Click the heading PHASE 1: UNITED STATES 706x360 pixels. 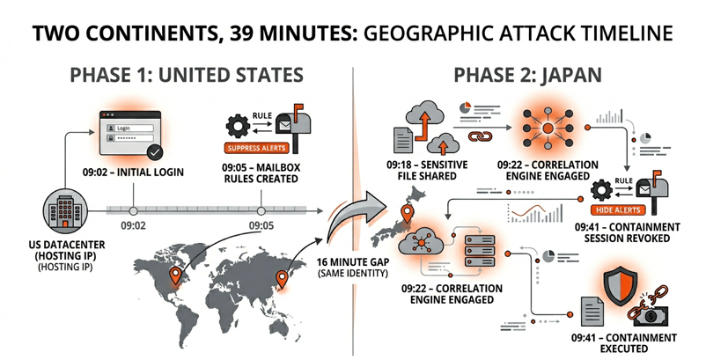tap(187, 75)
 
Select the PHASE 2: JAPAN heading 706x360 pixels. tap(527, 75)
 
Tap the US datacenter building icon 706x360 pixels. tap(65, 211)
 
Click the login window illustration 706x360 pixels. tap(129, 134)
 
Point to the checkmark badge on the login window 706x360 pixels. tap(155, 153)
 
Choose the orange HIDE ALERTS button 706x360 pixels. tap(618, 209)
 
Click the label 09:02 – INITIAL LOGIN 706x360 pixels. tap(133, 173)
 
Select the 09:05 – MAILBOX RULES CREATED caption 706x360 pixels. tap(261, 173)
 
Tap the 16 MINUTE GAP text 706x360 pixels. tap(353, 262)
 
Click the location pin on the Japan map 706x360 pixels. tap(407, 214)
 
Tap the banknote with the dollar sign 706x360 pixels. tap(651, 316)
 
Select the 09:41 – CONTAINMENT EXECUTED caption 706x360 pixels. tap(624, 343)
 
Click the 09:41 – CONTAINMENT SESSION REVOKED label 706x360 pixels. tap(627, 232)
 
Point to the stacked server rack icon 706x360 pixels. tap(480, 251)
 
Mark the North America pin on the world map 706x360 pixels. tap(175, 276)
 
